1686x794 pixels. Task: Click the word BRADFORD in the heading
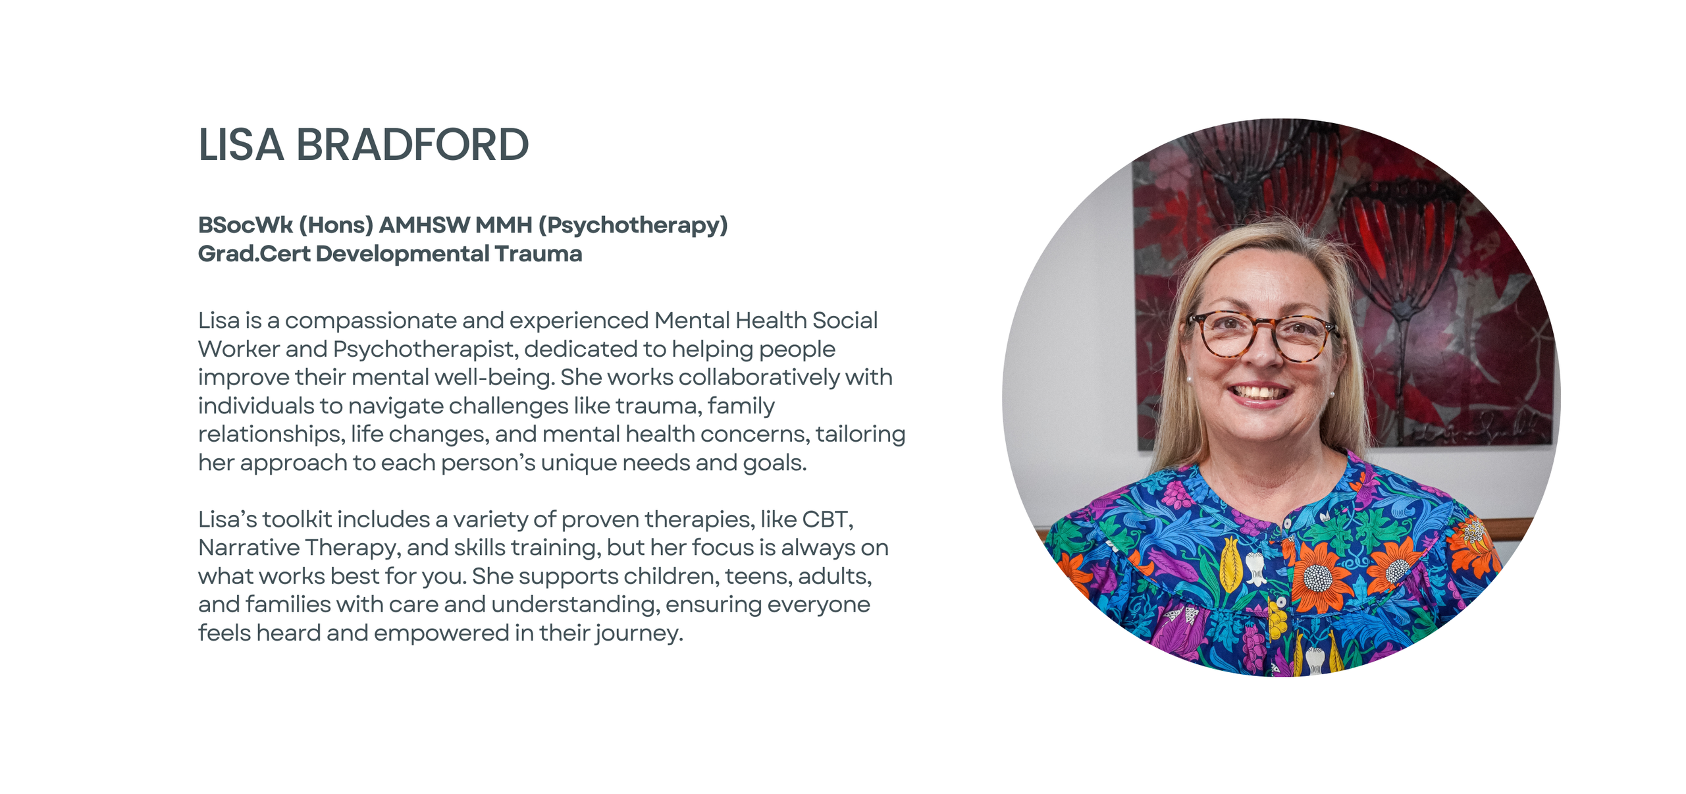pyautogui.click(x=412, y=144)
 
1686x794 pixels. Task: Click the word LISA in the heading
pyautogui.click(x=241, y=144)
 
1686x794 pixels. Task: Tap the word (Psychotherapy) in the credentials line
pyautogui.click(x=633, y=226)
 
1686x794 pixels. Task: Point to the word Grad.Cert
pyautogui.click(x=253, y=254)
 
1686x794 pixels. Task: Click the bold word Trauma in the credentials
pyautogui.click(x=539, y=254)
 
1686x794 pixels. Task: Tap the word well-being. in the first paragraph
pyautogui.click(x=492, y=378)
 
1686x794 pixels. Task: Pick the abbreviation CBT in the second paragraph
pyautogui.click(x=828, y=519)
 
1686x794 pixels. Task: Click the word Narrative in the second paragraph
pyautogui.click(x=248, y=548)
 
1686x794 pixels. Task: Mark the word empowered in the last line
pyautogui.click(x=441, y=633)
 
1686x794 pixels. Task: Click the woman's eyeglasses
pyautogui.click(x=1263, y=336)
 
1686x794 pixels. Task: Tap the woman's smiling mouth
pyautogui.click(x=1259, y=394)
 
